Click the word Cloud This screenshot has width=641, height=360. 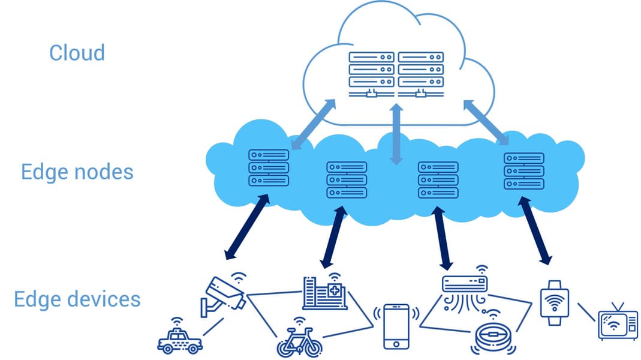click(x=77, y=53)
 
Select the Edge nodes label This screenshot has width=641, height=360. click(x=77, y=172)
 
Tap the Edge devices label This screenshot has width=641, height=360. click(x=77, y=299)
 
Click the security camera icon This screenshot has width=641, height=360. click(x=224, y=295)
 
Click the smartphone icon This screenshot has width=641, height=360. click(x=396, y=326)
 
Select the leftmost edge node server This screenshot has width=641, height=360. click(x=269, y=167)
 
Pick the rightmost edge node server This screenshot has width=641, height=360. click(x=523, y=171)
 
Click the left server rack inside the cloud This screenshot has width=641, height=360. click(x=371, y=73)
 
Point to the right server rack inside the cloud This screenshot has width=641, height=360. click(x=421, y=73)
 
